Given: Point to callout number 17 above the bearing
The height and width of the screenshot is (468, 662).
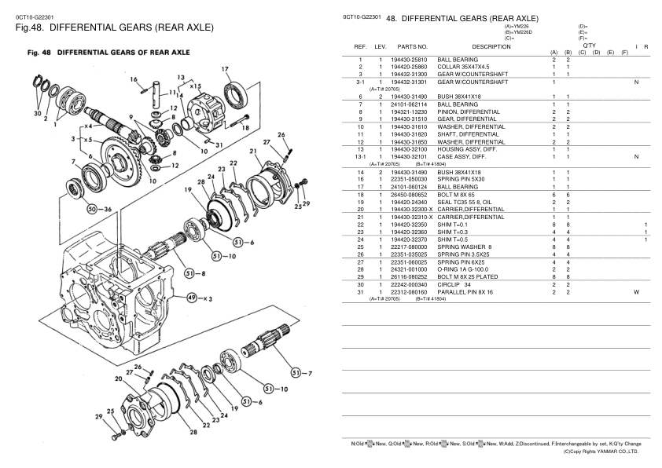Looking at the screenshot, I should [x=225, y=68].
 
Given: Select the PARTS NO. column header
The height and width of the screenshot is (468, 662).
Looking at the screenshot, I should [x=413, y=46].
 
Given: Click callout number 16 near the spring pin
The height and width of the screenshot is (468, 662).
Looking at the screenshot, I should [x=134, y=79].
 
